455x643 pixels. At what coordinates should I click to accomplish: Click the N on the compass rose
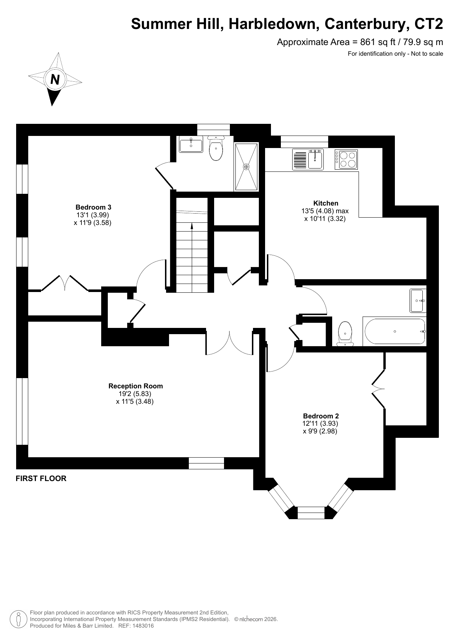click(55, 79)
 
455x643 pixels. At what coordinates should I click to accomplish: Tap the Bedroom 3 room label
click(93, 207)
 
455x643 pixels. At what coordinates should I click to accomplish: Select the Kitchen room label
click(326, 203)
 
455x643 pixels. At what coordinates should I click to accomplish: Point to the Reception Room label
click(135, 386)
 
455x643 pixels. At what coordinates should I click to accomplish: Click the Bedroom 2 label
click(321, 416)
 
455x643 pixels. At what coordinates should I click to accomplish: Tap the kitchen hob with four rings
click(346, 159)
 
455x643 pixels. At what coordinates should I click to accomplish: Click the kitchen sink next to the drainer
click(315, 160)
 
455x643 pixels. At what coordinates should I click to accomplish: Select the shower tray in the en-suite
click(246, 167)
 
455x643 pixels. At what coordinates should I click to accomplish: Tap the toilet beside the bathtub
click(345, 333)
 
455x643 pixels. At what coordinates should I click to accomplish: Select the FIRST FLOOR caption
click(41, 478)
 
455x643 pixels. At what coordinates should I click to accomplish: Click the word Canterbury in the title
click(367, 24)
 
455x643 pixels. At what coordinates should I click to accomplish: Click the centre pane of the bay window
click(311, 513)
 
